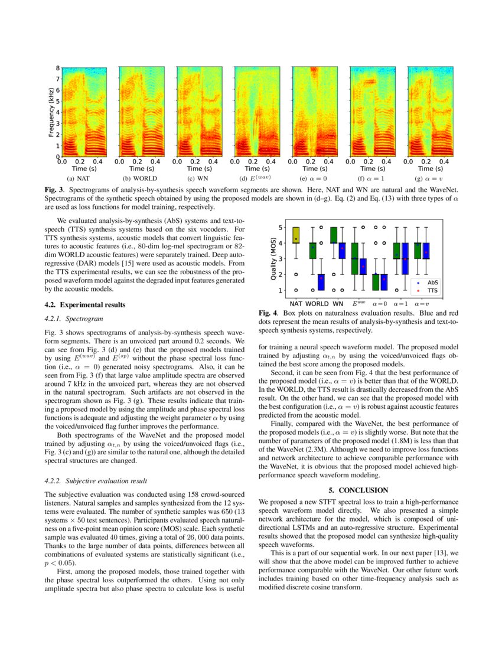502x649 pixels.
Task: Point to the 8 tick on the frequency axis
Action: point(57,67)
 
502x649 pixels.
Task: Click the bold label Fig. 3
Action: point(55,189)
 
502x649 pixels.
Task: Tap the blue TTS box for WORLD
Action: point(321,282)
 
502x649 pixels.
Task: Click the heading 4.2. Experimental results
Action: point(85,305)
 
